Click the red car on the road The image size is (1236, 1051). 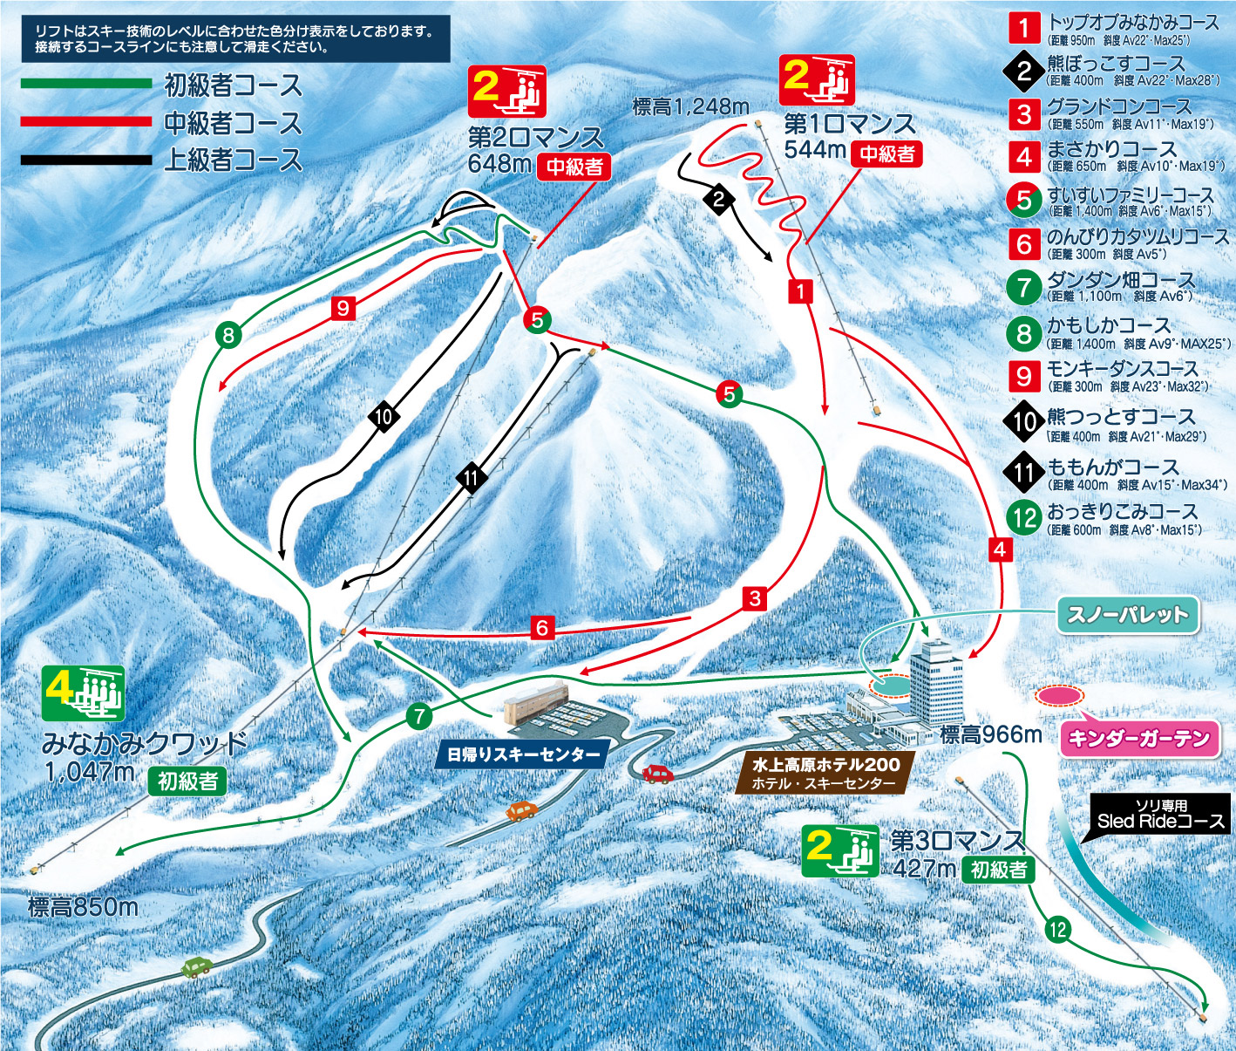coord(658,773)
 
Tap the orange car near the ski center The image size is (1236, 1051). coord(520,811)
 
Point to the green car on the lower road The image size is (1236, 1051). coord(197,966)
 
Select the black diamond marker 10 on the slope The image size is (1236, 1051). coord(384,416)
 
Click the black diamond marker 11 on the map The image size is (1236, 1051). coord(472,477)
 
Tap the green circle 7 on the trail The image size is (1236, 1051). coord(419,717)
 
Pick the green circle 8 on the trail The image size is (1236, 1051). coord(228,335)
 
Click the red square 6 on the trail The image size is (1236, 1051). coord(542,627)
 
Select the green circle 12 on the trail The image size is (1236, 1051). coord(1057,930)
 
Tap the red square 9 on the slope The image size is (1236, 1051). coord(343,308)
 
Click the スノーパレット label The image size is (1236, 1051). coord(1128,615)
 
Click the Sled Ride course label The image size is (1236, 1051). coord(1160,815)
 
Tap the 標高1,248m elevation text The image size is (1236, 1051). coord(690,107)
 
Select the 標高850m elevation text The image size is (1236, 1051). coord(83,907)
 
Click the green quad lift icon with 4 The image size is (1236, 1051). coord(84,693)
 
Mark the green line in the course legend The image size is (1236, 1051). coord(86,85)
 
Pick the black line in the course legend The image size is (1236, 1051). coord(86,160)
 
